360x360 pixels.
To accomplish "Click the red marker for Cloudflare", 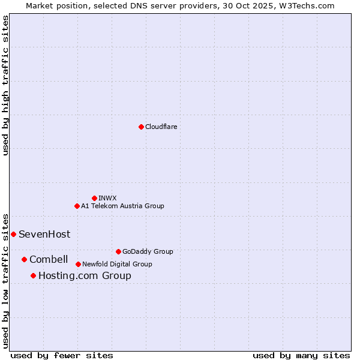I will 141,127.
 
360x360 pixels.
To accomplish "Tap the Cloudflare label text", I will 161,127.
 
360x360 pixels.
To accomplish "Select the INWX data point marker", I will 94,198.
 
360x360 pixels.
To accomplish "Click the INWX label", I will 107,198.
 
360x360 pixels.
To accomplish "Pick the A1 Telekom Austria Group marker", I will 77,206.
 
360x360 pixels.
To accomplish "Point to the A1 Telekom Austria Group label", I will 122,206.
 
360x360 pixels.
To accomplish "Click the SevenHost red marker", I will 13,234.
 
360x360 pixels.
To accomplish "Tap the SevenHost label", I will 44,234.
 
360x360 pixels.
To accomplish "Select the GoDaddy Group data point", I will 118,251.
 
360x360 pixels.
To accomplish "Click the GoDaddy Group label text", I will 147,251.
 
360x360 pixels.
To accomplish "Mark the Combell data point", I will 24,259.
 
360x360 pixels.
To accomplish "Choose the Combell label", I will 49,259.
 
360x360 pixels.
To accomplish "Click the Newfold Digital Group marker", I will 78,264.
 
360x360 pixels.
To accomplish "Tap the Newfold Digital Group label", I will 117,264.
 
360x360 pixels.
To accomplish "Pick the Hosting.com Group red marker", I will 33,275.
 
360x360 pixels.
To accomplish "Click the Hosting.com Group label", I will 85,275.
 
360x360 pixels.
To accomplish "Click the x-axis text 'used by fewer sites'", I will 62,355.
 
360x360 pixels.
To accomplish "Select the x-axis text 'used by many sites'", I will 301,355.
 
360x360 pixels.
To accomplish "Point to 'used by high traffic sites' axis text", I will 5,85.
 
